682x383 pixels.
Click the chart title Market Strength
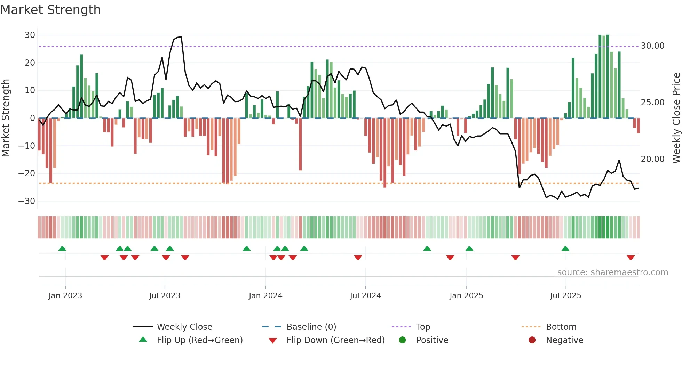coord(50,10)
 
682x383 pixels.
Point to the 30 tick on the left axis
coord(30,35)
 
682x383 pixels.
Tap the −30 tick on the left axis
coord(27,201)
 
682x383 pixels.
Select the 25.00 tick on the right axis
coord(652,103)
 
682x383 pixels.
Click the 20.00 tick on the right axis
coord(652,159)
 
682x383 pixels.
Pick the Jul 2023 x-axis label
coord(165,296)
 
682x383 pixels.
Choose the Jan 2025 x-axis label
coord(466,296)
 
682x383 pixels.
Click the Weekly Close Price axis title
coord(676,118)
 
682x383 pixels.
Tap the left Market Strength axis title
coord(6,118)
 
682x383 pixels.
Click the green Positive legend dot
coord(402,340)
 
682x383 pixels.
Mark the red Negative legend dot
coord(532,340)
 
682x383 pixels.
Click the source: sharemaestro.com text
coord(612,272)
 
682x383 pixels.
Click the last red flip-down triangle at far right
coord(631,258)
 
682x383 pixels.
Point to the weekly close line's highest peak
coord(181,37)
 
